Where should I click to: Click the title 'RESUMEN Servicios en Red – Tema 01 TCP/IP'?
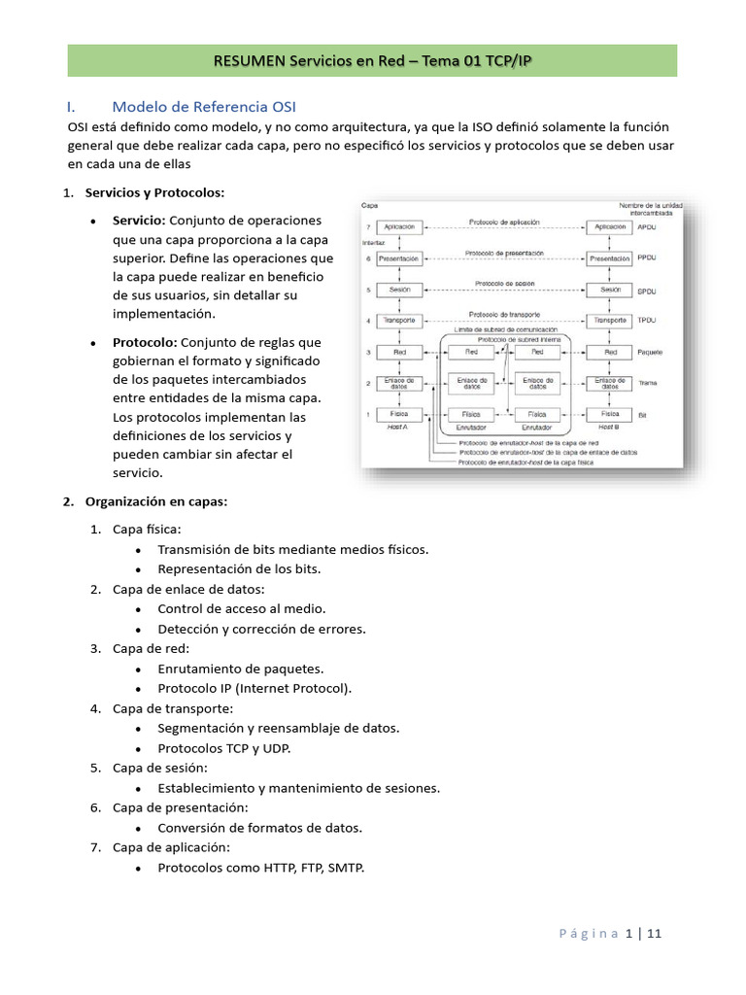[372, 61]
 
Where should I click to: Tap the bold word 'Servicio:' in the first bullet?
[139, 221]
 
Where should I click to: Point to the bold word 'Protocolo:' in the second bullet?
[145, 342]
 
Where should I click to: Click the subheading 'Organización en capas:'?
[156, 501]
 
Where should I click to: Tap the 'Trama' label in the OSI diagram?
[648, 383]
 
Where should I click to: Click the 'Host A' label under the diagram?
[397, 427]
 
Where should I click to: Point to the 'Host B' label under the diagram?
[609, 427]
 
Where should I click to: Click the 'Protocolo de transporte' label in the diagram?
[505, 314]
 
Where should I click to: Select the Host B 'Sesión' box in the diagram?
[610, 290]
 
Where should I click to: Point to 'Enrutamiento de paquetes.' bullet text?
[241, 669]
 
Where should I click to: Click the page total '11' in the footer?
[654, 934]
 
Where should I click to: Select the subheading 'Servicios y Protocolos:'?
[154, 192]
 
